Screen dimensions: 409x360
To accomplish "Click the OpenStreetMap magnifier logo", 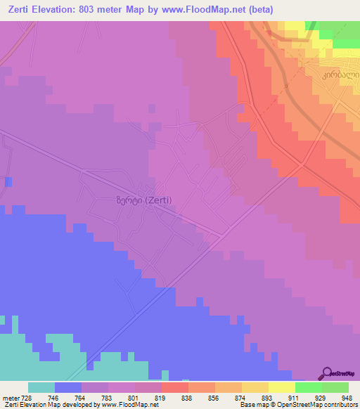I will point(328,373).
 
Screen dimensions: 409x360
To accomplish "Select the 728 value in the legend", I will point(27,398).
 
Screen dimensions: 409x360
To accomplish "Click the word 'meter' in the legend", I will point(10,398).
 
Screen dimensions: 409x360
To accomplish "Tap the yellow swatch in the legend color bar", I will point(281,387).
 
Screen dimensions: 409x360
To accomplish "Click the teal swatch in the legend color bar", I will point(41,387).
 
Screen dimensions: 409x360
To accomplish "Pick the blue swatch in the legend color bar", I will point(68,387).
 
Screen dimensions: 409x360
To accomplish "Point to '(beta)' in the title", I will point(257,10).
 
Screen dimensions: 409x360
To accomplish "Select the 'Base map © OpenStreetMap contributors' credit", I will point(298,405).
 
